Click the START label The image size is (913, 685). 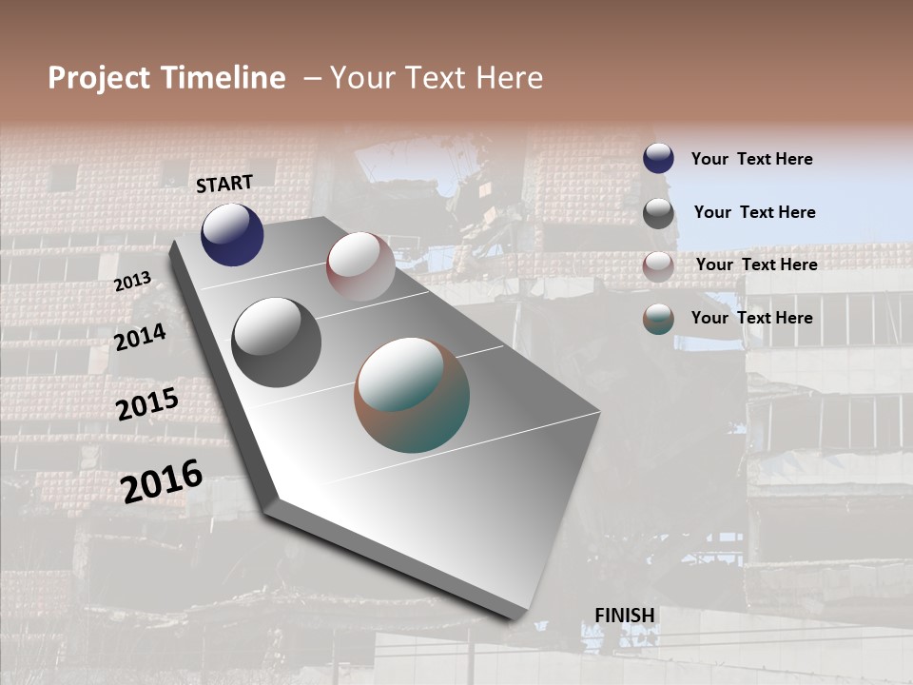224,184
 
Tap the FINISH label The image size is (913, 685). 625,616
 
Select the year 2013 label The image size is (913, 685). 133,282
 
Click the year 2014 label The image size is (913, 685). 141,337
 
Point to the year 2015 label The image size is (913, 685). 147,404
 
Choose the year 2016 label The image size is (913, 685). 162,480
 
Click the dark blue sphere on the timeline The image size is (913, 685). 232,235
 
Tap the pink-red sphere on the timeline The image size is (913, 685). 360,266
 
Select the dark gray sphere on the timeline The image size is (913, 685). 276,342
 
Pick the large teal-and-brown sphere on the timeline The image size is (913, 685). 412,395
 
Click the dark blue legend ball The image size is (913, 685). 658,158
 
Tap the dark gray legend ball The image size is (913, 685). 658,213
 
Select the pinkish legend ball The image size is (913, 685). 658,266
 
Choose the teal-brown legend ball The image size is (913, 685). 658,319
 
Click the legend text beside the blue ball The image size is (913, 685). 751,159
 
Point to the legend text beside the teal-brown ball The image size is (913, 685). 751,317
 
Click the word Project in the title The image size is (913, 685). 99,78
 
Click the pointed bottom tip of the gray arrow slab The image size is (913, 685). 515,617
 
